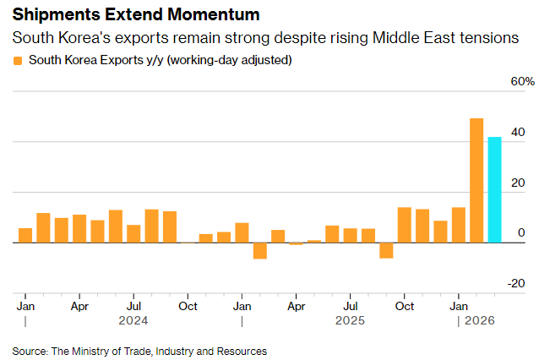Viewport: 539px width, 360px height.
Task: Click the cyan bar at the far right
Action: point(494,189)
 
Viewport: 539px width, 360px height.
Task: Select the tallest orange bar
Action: point(476,180)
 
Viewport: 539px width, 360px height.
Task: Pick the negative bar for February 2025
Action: point(260,250)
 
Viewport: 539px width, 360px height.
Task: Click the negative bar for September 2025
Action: point(386,249)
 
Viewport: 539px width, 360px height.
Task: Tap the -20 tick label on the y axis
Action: point(516,284)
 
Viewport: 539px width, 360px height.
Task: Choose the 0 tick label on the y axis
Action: point(520,233)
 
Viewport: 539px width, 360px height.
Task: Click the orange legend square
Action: point(18,61)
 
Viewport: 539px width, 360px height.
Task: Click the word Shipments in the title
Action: point(51,15)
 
